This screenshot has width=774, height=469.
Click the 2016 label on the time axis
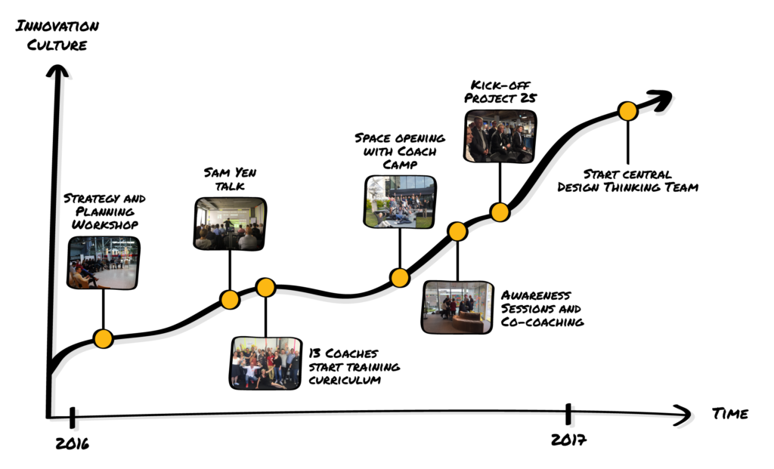(72, 443)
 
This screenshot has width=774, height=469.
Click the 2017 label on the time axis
(568, 440)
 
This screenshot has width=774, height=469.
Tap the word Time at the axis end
(730, 414)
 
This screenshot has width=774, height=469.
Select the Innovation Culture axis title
(57, 35)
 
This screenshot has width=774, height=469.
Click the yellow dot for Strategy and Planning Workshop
(103, 339)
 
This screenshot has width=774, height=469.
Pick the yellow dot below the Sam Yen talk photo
(230, 299)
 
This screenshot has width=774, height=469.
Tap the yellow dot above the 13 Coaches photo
(265, 287)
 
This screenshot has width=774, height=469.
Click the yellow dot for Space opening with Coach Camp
(400, 278)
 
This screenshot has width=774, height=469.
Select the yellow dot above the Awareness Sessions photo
(457, 231)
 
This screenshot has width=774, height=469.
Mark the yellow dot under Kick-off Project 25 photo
(500, 212)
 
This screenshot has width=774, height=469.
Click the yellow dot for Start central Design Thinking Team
(628, 111)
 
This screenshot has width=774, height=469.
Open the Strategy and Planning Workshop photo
(103, 262)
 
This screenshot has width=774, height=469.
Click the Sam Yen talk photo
(230, 224)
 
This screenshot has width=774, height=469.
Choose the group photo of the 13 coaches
(265, 363)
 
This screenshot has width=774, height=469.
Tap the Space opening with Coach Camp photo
(400, 202)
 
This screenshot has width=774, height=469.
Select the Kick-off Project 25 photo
(500, 136)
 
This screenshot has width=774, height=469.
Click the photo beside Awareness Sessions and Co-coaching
(457, 307)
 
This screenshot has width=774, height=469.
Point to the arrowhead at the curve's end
(661, 100)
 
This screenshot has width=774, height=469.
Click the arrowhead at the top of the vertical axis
(57, 72)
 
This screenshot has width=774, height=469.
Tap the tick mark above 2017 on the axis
(568, 414)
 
